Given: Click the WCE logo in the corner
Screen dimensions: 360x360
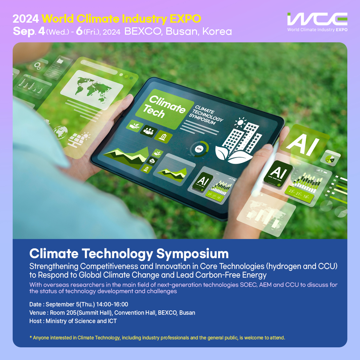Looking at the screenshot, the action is pos(317,22).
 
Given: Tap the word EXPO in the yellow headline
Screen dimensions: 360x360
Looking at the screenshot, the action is pos(185,19).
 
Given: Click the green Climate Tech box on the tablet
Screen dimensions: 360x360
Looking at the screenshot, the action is pos(164,108).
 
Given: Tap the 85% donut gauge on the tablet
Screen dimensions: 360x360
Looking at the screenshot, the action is pos(199,149).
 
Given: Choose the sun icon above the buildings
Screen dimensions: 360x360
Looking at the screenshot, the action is pos(240,122).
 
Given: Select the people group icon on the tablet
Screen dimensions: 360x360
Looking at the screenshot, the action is pos(149,131).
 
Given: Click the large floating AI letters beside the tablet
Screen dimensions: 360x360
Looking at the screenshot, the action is pos(303,144).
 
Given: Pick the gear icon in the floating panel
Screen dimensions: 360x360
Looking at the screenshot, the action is pos(37,66).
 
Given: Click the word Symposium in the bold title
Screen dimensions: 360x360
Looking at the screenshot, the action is pos(192,254).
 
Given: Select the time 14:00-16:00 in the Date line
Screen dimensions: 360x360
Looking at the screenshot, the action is pos(112,304).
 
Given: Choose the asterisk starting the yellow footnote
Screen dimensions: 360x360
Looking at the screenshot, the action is pos(31,337).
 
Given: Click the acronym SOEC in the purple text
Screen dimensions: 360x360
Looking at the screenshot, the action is pos(248,285).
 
